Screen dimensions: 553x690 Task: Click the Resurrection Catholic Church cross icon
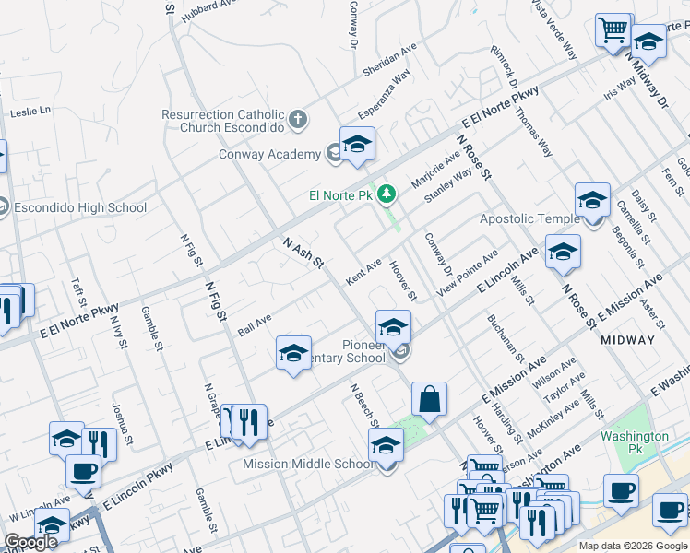297,118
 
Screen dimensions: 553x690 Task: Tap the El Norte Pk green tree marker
388,194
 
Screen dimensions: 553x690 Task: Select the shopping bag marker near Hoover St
429,400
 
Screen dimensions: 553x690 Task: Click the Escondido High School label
76,207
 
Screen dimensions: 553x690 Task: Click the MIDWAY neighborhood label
627,340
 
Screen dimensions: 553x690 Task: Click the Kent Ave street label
363,271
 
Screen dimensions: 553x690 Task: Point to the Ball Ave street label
254,325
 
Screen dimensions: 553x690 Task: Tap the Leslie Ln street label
30,112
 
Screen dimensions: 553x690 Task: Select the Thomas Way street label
534,134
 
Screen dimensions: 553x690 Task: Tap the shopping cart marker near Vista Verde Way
613,31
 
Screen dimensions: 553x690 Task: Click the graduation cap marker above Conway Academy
357,145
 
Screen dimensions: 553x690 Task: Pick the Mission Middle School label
307,464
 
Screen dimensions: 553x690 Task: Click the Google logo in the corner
30,543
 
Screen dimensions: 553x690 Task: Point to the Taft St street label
78,295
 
